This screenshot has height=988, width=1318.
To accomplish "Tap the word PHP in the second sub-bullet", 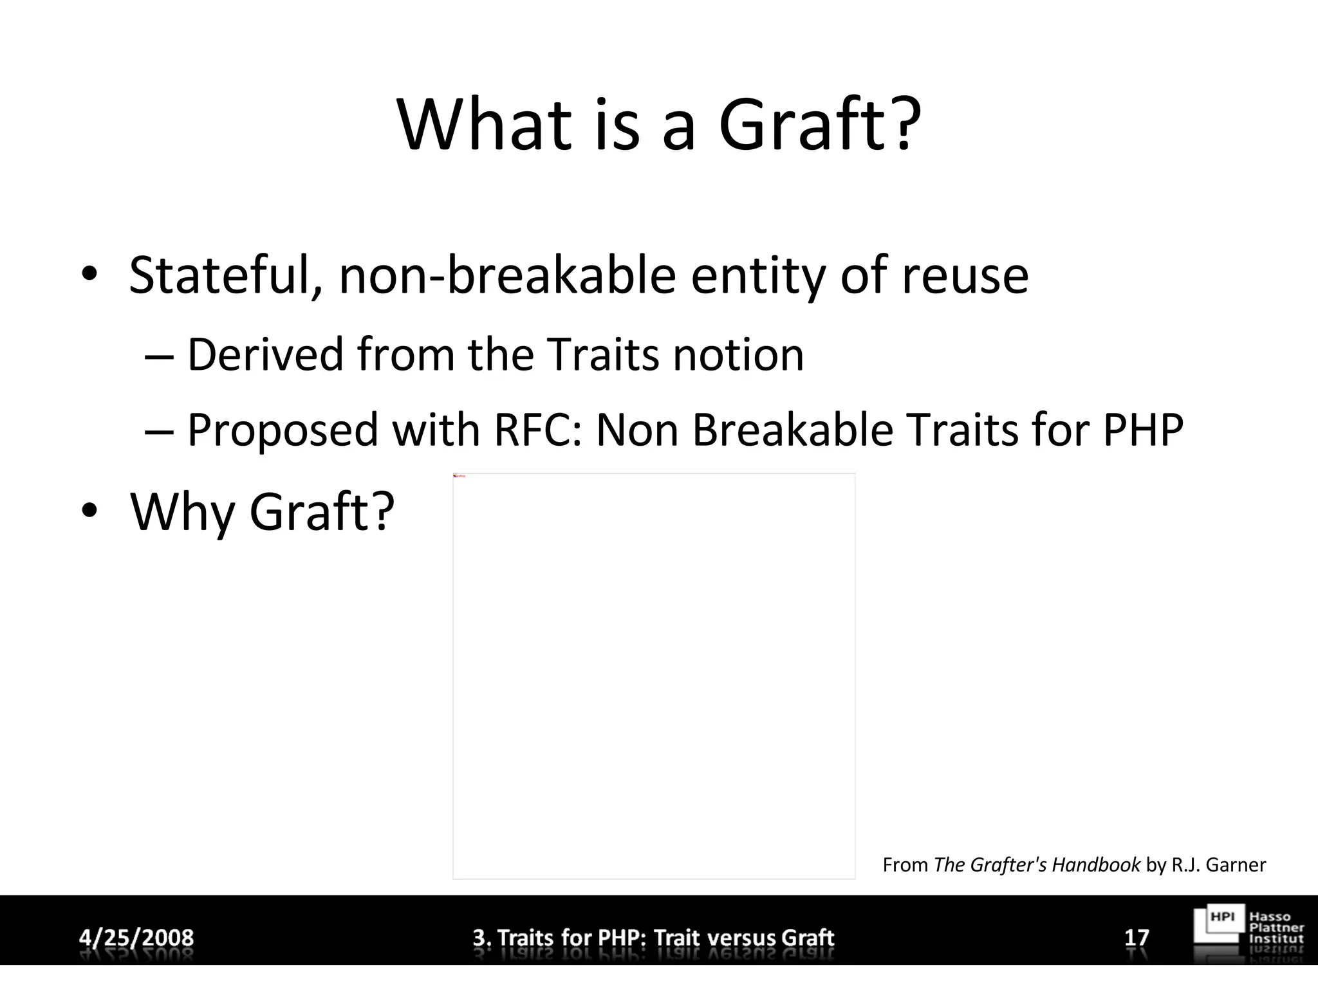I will [1143, 430].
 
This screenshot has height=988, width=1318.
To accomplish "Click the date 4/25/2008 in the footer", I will [136, 937].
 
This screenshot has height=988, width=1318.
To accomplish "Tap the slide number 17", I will [1137, 937].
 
